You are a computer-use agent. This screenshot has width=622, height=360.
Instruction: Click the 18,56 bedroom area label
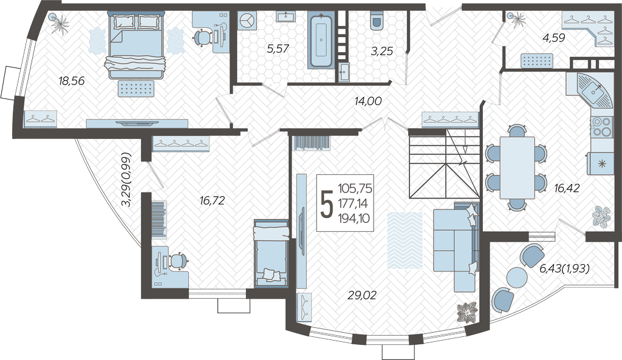click(72, 81)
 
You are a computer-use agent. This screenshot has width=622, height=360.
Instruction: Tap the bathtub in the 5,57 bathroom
click(320, 39)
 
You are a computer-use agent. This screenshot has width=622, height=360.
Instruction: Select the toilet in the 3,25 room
click(376, 19)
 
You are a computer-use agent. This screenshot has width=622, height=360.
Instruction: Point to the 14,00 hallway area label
click(368, 101)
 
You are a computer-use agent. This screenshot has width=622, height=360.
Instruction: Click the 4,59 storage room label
click(554, 38)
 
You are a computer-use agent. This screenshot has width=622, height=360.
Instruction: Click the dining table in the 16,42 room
click(517, 168)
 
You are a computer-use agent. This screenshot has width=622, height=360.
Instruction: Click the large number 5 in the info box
click(327, 204)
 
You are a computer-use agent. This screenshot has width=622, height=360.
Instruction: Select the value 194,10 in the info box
click(354, 218)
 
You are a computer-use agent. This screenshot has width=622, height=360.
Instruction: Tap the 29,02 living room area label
click(362, 295)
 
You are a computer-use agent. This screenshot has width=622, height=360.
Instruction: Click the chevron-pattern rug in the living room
click(405, 240)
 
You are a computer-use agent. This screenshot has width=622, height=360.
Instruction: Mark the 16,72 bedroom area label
click(212, 200)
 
